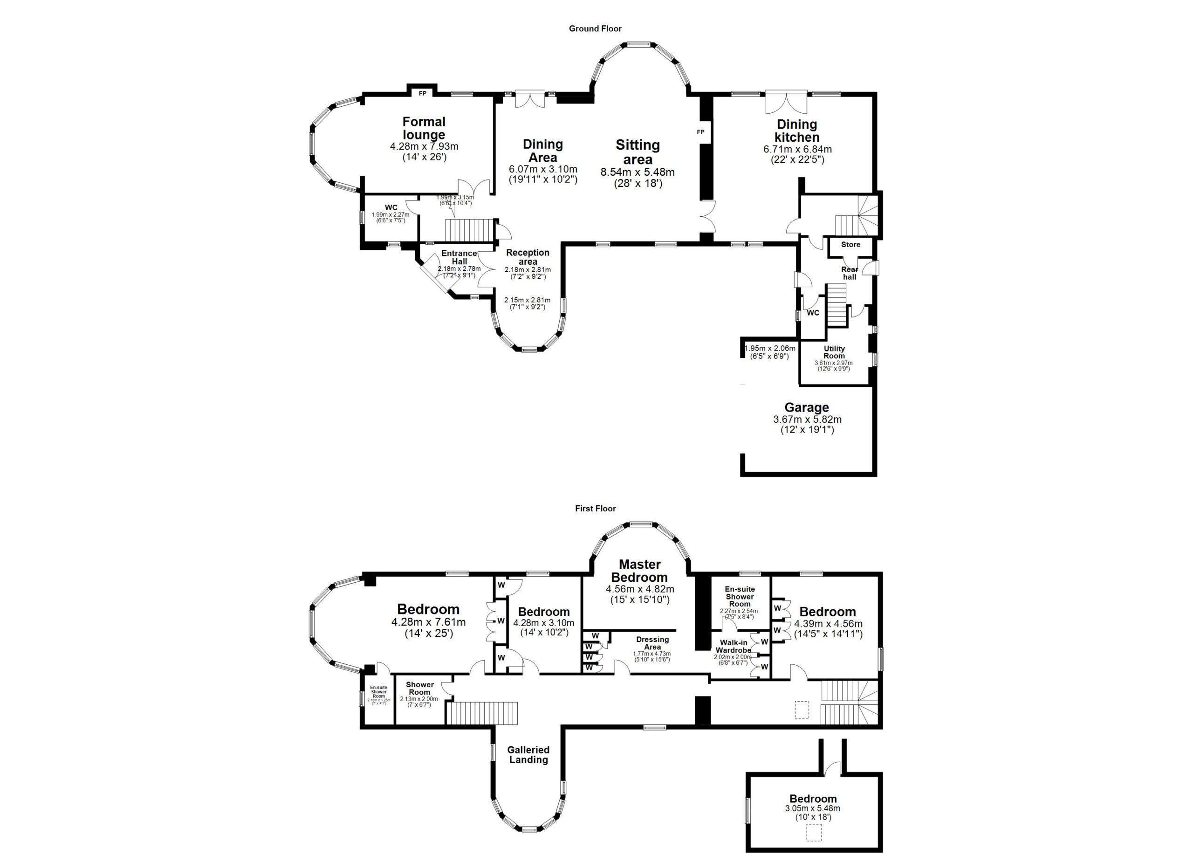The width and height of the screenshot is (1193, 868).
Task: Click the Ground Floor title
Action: [x=595, y=29]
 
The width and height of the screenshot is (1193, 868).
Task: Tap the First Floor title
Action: [x=595, y=509]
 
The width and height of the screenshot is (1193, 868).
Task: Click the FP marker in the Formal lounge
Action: [x=422, y=94]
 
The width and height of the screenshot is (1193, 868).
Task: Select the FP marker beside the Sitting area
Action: [x=700, y=132]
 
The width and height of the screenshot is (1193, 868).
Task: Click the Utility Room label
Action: [x=834, y=352]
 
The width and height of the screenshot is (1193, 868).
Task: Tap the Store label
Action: [x=850, y=245]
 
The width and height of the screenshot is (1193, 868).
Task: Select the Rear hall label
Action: [x=850, y=273]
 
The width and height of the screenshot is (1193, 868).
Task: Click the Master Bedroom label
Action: [x=640, y=571]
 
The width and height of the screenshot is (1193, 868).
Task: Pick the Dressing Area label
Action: [x=652, y=643]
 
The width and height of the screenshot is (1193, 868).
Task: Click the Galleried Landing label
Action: [x=528, y=755]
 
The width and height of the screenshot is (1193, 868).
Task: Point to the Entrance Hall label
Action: [x=459, y=257]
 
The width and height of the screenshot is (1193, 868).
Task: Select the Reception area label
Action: [x=528, y=257]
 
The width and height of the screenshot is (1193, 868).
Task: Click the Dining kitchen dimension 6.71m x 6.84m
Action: [x=797, y=149]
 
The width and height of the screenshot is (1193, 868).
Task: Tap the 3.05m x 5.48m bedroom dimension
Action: [x=812, y=808]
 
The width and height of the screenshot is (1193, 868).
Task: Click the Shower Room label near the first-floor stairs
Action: [x=420, y=688]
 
